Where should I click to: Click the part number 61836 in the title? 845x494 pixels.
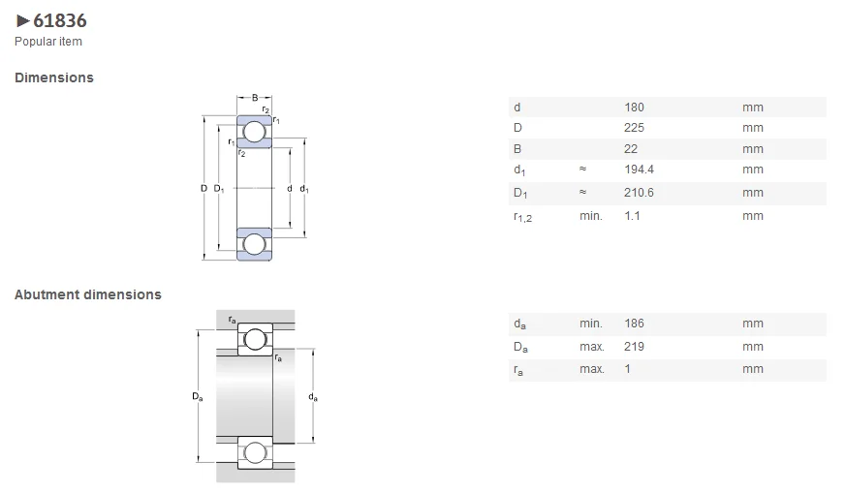point(60,20)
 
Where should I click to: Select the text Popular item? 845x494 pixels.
point(47,42)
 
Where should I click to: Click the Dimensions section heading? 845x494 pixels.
point(54,77)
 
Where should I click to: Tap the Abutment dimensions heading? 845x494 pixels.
point(88,294)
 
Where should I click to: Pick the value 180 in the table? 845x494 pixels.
point(634,107)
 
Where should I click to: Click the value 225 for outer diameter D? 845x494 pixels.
point(634,128)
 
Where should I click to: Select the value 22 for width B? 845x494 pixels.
point(631,149)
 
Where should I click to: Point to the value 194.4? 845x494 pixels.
point(639,170)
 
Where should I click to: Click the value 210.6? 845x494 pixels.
point(639,193)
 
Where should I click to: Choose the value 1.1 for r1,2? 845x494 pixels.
point(632,216)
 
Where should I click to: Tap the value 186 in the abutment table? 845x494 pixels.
point(634,324)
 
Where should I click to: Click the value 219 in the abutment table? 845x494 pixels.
point(634,347)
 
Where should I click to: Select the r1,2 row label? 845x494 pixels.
point(522,217)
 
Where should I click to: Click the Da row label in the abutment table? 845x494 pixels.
point(520,347)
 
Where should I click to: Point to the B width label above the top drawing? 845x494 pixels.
point(255,98)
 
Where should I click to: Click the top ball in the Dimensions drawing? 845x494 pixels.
point(254,132)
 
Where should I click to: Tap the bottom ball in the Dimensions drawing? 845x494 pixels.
point(254,243)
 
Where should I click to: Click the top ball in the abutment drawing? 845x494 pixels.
point(255,339)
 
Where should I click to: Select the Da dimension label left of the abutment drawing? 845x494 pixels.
point(198,397)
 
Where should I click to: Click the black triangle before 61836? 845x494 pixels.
point(23,20)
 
